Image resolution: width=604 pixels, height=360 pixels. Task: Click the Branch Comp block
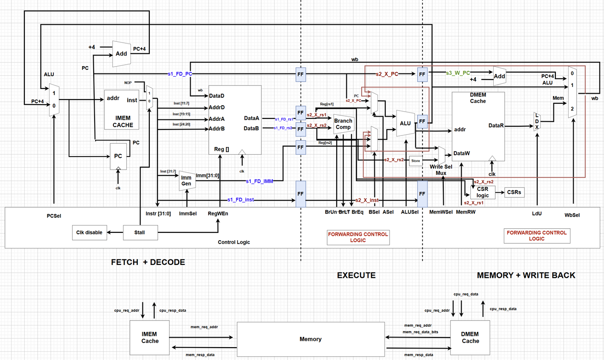click(x=343, y=124)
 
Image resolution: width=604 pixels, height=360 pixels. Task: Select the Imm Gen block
click(x=186, y=180)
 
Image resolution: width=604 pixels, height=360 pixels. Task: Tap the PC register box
click(x=118, y=156)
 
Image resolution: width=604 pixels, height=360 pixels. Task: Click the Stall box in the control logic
click(x=140, y=232)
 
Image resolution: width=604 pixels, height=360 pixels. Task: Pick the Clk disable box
click(x=90, y=232)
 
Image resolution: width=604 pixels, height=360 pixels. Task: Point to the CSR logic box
click(x=483, y=192)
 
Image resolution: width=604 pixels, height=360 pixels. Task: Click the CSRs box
click(x=514, y=192)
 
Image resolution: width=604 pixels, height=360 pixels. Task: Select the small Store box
click(x=415, y=161)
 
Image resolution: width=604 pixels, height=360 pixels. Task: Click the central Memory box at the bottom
click(x=310, y=339)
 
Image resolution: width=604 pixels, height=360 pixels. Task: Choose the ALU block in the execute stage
click(x=405, y=123)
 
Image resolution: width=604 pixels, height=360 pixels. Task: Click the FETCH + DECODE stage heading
click(x=148, y=262)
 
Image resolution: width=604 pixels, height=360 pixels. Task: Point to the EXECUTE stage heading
click(x=356, y=275)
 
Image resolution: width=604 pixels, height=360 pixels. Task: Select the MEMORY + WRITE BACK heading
click(x=526, y=275)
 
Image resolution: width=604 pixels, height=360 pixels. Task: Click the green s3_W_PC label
click(x=458, y=73)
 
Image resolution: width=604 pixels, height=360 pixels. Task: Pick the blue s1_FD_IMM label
click(x=260, y=181)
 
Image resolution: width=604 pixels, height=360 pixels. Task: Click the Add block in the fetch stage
click(x=121, y=53)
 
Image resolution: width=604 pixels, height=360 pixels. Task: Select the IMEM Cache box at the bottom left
click(x=150, y=337)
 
